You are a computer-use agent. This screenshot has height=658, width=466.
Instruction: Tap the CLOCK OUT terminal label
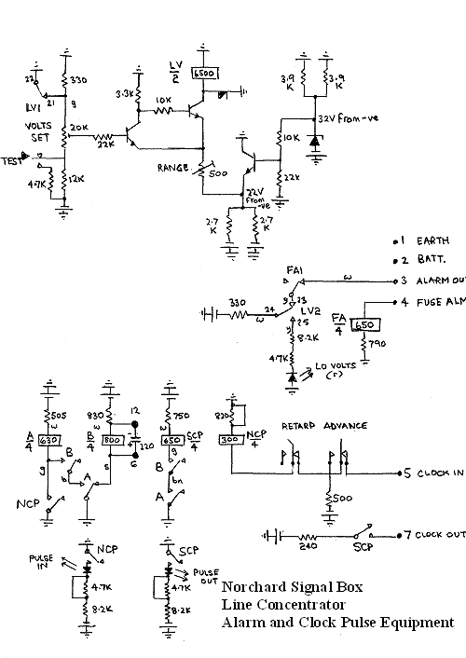click(439, 536)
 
